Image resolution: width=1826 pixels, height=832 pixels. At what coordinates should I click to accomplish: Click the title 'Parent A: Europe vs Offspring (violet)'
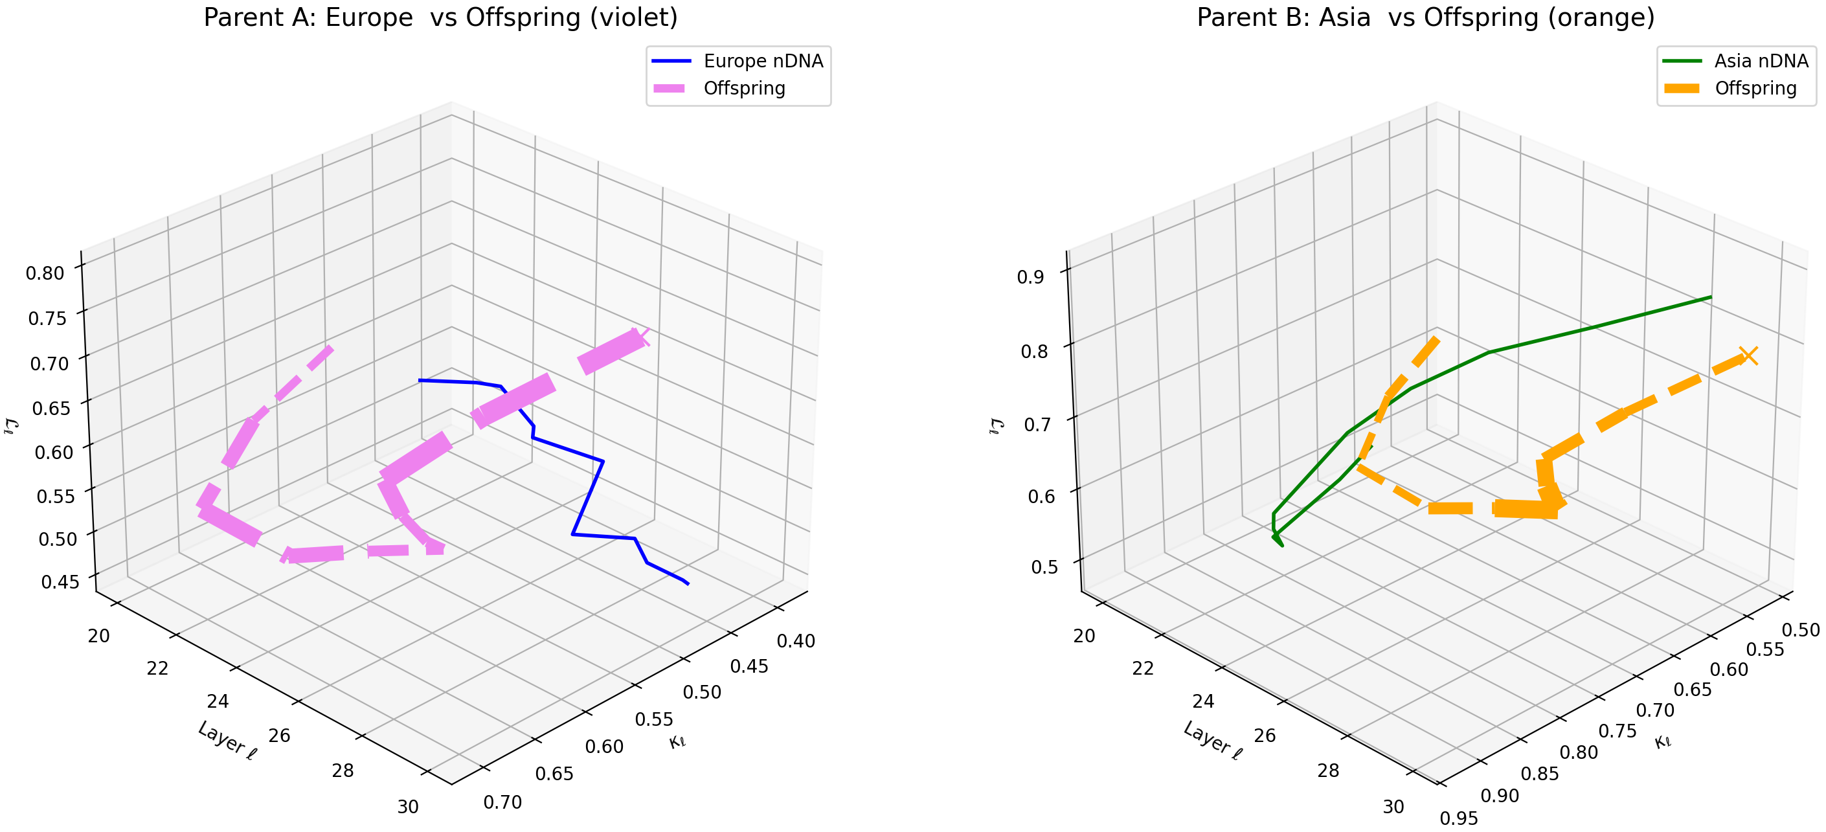(440, 17)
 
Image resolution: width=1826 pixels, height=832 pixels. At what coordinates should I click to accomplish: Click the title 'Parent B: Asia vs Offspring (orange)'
(1425, 17)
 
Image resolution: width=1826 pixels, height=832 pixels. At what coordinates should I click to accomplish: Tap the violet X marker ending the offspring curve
(640, 337)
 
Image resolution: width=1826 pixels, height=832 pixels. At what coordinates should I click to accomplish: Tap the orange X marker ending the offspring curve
(1749, 355)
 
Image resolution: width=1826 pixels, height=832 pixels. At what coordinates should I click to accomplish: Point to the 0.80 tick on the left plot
(45, 273)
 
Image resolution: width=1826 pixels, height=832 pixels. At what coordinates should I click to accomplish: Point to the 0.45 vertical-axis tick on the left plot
(60, 582)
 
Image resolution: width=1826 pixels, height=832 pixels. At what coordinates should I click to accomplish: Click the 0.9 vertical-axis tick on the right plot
(1031, 276)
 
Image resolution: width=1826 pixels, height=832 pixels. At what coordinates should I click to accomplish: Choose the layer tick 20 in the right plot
(1084, 636)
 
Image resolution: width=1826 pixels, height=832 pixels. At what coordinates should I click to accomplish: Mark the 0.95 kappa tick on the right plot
(1459, 818)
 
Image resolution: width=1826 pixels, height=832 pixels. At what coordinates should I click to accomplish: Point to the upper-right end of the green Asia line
(1711, 297)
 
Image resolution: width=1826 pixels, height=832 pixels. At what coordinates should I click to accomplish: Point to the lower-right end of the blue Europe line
(688, 584)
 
